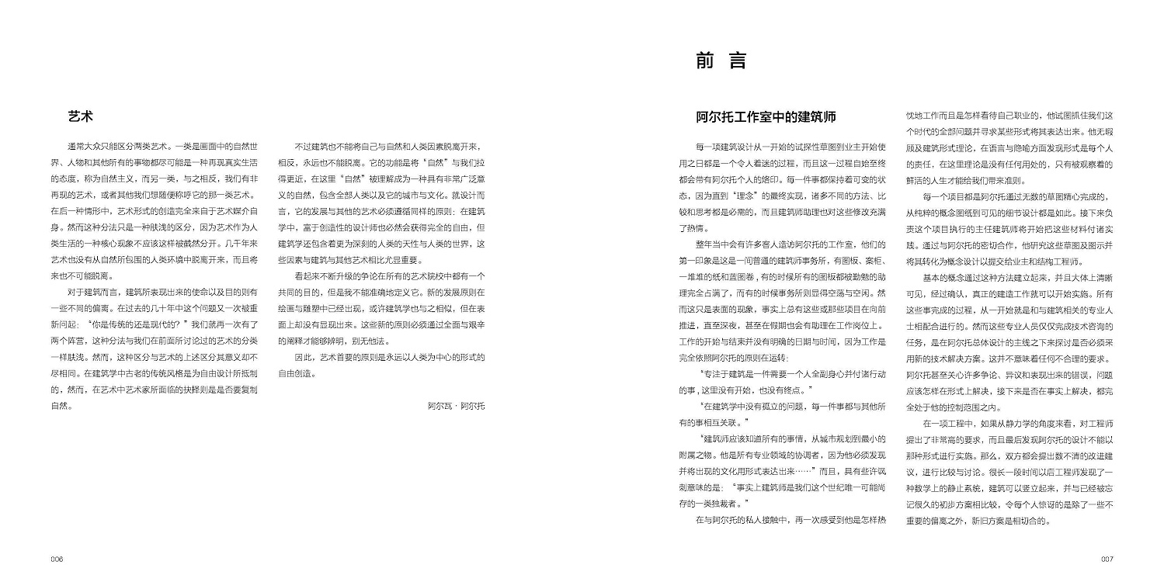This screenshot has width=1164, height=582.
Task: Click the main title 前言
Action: pos(721,62)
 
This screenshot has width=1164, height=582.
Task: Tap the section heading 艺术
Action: pos(80,117)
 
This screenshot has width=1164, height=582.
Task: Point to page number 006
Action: pos(57,559)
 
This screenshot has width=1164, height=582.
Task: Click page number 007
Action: pos(1107,559)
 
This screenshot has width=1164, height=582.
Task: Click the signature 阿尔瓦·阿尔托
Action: pos(456,405)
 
